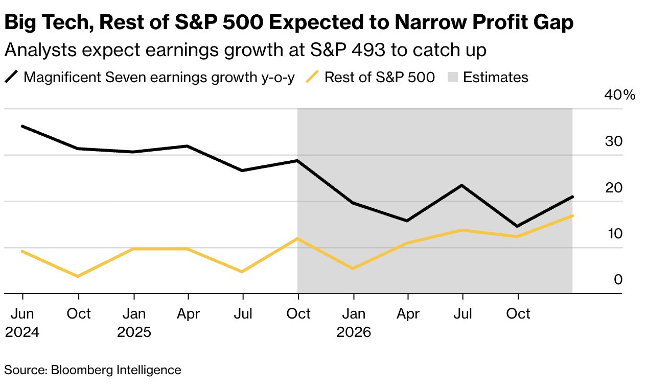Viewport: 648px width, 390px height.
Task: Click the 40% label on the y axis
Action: click(x=620, y=95)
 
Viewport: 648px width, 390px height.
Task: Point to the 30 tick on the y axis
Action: click(x=613, y=141)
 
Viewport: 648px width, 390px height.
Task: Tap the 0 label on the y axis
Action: click(x=618, y=280)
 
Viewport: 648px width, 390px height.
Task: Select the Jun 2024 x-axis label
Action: click(x=22, y=323)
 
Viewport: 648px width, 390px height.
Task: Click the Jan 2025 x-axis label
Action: click(x=134, y=323)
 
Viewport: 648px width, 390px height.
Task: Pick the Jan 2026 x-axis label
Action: click(x=353, y=323)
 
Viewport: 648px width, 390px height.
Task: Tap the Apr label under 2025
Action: click(x=188, y=313)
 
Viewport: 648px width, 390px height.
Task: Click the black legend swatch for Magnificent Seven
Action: click(x=12, y=78)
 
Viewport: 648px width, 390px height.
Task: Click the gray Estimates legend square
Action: click(x=453, y=78)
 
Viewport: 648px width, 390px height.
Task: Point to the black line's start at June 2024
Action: click(x=22, y=126)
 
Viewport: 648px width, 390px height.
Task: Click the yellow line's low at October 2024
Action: click(x=78, y=276)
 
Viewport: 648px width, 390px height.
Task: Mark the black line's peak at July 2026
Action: click(x=462, y=185)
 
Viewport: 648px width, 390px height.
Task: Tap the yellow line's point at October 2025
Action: click(x=298, y=238)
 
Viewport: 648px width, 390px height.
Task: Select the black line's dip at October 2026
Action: click(x=518, y=226)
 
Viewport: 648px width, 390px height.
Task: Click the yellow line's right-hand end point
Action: click(x=572, y=216)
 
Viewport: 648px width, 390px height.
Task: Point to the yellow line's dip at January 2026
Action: click(x=353, y=269)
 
